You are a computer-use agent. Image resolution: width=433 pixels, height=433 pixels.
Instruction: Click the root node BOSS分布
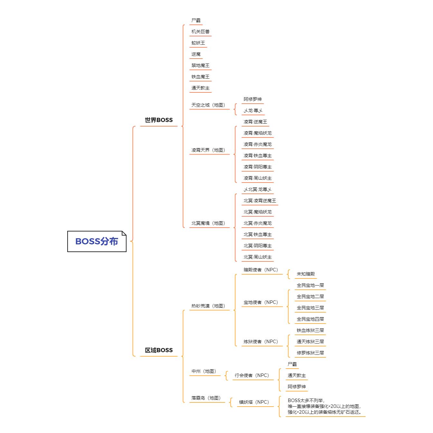click(x=97, y=241)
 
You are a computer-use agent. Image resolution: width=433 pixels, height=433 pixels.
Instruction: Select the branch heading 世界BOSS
click(x=159, y=120)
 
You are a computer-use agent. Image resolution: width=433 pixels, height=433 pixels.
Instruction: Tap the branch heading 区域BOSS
click(x=159, y=350)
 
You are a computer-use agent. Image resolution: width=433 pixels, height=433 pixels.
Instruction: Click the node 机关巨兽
click(x=200, y=32)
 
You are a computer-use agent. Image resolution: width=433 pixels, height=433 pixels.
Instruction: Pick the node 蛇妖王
click(x=198, y=43)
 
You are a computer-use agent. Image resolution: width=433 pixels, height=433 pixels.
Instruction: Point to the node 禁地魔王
click(x=200, y=65)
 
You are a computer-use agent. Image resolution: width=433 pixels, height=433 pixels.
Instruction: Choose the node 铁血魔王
click(x=200, y=77)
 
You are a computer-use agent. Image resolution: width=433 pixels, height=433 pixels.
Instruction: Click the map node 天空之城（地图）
click(x=208, y=105)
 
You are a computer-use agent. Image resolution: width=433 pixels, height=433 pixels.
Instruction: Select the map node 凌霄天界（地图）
click(x=208, y=150)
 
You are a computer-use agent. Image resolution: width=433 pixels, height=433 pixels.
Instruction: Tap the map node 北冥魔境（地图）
click(x=208, y=223)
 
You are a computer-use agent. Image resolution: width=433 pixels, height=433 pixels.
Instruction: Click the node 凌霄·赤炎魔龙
click(x=258, y=144)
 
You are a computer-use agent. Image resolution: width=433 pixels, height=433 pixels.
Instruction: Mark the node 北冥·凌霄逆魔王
click(x=260, y=201)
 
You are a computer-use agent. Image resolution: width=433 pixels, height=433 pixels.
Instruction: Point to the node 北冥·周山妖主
click(x=258, y=257)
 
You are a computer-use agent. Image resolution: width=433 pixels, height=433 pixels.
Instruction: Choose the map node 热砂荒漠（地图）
click(x=208, y=306)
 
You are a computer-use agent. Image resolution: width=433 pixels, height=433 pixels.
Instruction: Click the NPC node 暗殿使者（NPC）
click(x=261, y=270)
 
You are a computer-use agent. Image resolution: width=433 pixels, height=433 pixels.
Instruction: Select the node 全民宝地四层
click(x=310, y=319)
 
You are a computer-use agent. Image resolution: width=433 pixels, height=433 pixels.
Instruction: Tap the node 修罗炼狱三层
click(x=310, y=353)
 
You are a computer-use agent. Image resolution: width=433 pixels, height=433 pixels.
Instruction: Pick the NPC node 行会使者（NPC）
click(x=252, y=375)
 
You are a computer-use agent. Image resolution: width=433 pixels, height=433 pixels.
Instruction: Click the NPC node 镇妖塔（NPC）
click(x=254, y=402)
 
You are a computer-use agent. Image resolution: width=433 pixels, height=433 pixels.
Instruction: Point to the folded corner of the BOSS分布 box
click(x=124, y=233)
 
